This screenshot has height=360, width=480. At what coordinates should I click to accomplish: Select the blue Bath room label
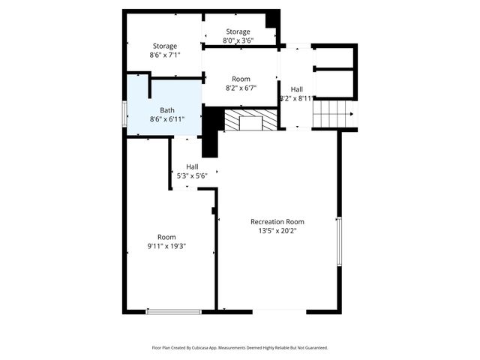166,110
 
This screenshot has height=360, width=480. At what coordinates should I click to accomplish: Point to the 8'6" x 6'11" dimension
166,119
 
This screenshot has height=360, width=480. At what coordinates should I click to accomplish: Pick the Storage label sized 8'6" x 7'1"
165,46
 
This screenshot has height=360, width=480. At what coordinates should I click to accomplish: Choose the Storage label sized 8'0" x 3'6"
238,31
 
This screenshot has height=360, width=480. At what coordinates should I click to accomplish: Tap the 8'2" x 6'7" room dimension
241,88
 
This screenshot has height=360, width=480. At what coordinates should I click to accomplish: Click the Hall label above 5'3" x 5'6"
192,166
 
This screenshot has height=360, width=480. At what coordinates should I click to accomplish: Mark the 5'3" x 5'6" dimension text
192,175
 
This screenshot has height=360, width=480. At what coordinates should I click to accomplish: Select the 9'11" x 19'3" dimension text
166,246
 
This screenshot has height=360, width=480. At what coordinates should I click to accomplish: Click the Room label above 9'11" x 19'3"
166,237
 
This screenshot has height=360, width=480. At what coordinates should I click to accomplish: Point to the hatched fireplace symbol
250,120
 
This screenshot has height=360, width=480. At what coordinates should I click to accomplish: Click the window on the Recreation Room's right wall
339,241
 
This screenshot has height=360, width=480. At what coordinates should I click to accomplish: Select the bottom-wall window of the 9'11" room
174,311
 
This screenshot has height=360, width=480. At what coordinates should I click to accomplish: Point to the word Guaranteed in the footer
314,348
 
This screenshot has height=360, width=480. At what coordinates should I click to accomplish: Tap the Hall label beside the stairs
297,88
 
